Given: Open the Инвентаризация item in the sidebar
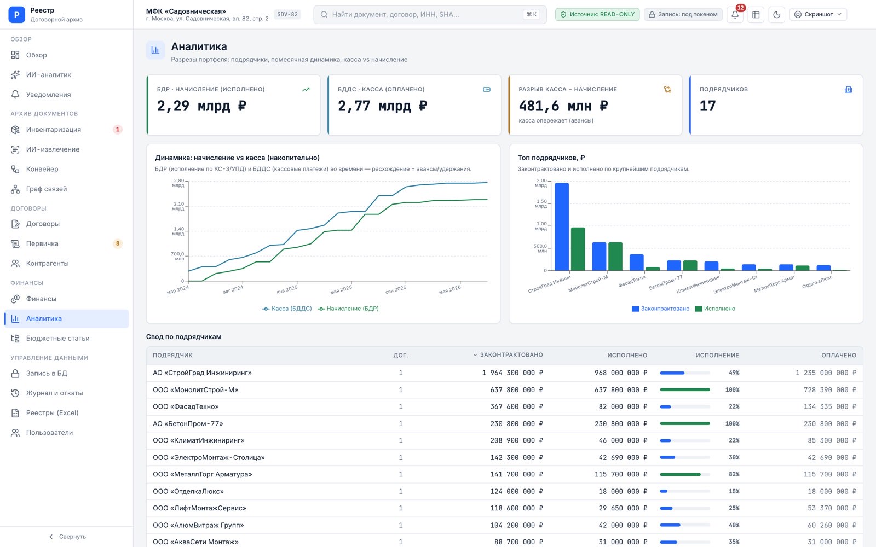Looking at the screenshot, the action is tap(54, 129).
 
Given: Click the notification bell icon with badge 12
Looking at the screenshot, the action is tap(735, 14).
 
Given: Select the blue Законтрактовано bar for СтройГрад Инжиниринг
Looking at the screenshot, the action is tap(562, 226).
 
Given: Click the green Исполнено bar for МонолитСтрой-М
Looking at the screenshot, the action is tap(615, 257).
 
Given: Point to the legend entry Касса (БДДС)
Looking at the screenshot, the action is tap(287, 309).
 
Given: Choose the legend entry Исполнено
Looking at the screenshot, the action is tap(715, 309).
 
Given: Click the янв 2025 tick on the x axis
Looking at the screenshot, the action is tap(287, 289).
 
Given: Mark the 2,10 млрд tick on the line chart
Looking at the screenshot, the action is tap(178, 206).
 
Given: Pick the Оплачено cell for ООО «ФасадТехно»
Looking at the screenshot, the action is tap(830, 406).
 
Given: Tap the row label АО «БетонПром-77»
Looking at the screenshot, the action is tap(188, 423).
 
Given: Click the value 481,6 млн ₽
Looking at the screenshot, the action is tap(563, 106).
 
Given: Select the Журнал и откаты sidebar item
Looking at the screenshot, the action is tap(54, 393).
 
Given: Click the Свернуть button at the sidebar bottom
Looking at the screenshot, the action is tap(67, 537).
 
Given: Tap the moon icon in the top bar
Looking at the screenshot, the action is tap(777, 14).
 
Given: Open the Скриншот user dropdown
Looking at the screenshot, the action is tap(818, 14).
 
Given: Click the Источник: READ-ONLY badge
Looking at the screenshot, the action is tap(597, 14).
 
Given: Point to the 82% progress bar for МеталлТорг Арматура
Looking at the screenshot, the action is tap(685, 474).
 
